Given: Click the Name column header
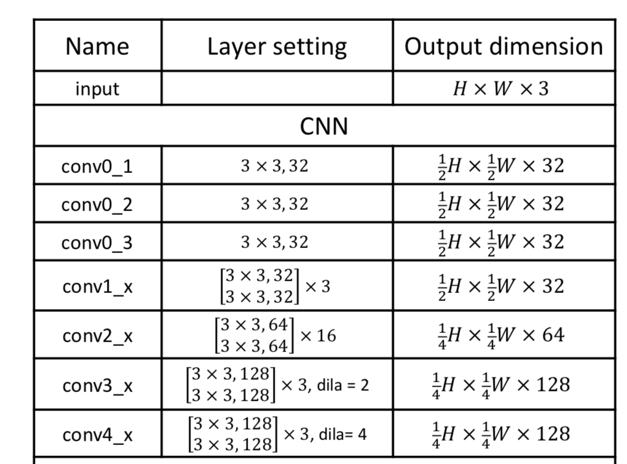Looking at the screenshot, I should pos(97,46).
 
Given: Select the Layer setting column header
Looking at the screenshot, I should pos(277,46).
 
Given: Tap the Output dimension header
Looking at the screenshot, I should pos(503,46).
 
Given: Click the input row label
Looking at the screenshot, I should pos(97,89).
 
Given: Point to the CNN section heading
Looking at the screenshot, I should pos(324,126).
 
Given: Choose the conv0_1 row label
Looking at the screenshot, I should pos(97,166).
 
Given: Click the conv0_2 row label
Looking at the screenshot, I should pos(97,204).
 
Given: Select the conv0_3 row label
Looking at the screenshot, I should pos(97,242).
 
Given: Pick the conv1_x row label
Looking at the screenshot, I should pos(97,287).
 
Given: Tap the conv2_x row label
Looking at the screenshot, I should pos(97,335).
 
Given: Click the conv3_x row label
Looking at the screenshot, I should pos(97,385).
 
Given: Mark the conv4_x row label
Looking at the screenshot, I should pos(97,434).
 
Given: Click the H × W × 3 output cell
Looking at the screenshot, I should pos(500,89).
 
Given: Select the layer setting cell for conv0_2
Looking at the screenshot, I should pos(274,204).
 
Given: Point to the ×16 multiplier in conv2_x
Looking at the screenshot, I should pos(318,336).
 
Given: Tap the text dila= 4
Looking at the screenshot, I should pos(341,434).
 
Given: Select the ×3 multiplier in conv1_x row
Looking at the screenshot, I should pos(318,287).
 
